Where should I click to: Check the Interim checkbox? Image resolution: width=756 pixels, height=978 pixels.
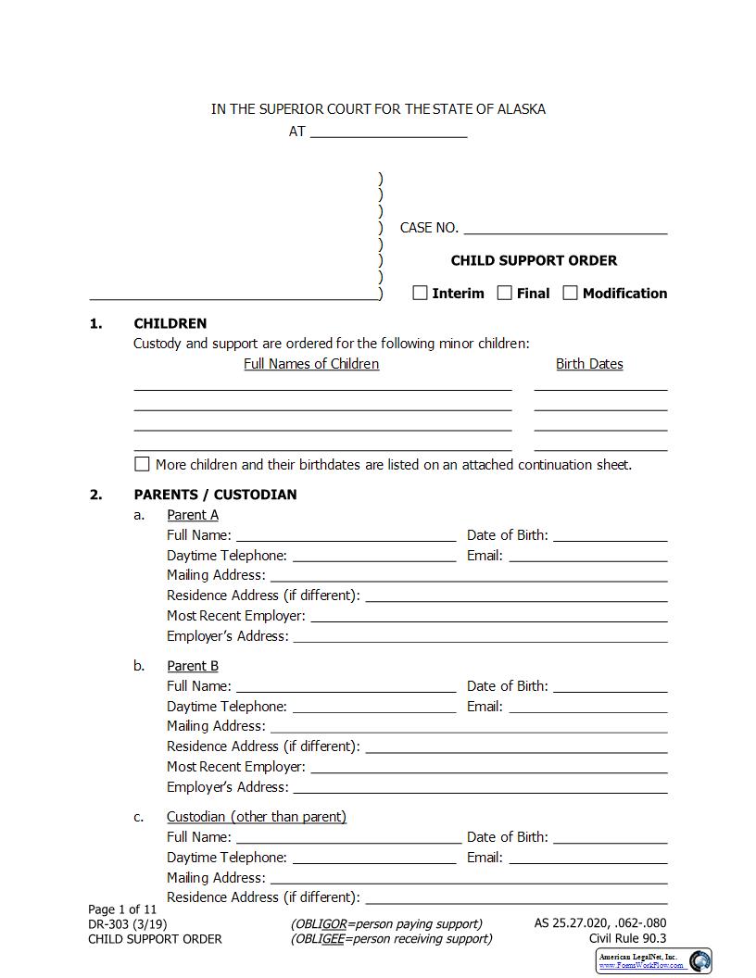pos(420,293)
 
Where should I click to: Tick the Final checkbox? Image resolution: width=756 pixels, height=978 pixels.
pos(505,293)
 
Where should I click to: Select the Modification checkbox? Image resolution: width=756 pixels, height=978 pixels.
pos(571,293)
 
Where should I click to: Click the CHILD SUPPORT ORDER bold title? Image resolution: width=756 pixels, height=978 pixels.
pos(534,260)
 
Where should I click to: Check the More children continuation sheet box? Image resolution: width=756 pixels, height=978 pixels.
pos(142,464)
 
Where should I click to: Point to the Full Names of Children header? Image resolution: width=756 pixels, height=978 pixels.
pos(311,364)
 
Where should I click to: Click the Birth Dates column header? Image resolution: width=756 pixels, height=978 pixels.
pos(589,364)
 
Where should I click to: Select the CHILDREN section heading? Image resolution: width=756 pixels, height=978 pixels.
pos(170,323)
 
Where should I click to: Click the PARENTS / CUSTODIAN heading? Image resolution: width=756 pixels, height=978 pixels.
pos(215,495)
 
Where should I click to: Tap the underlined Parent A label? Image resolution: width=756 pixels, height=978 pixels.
pos(193,515)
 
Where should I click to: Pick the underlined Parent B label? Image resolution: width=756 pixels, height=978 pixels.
pos(193,666)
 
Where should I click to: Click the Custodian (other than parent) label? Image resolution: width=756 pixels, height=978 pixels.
pos(257,817)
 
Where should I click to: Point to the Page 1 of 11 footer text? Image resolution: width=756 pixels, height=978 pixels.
pos(122,909)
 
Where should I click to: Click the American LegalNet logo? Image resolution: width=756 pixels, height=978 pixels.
pos(654,961)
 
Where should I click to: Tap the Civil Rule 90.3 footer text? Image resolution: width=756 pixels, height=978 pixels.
pos(627,938)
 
